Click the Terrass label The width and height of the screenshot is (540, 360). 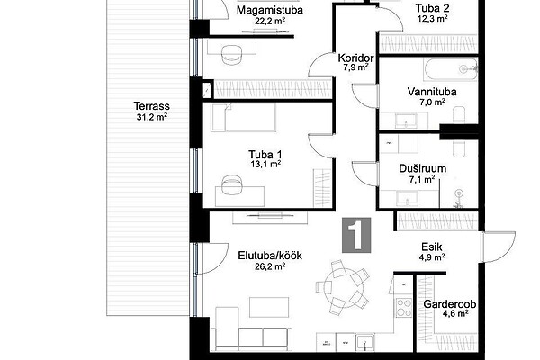[151, 105]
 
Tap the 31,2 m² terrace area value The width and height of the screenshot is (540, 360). [152, 117]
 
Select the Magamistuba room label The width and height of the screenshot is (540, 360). [270, 10]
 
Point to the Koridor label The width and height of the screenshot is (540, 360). [355, 58]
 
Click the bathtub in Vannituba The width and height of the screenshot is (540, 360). [452, 69]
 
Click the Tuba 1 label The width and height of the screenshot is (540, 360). [265, 154]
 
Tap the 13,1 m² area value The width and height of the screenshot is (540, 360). [265, 164]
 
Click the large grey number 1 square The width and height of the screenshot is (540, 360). [356, 235]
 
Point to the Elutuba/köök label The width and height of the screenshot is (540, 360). [270, 256]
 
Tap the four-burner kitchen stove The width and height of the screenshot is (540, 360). [403, 308]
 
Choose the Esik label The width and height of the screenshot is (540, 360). [432, 247]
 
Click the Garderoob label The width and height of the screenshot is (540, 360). [450, 304]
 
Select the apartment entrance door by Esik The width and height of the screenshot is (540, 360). [498, 247]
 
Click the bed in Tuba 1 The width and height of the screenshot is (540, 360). [244, 118]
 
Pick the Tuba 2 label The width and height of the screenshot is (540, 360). [432, 8]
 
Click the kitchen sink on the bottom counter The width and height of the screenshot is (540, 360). [364, 342]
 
